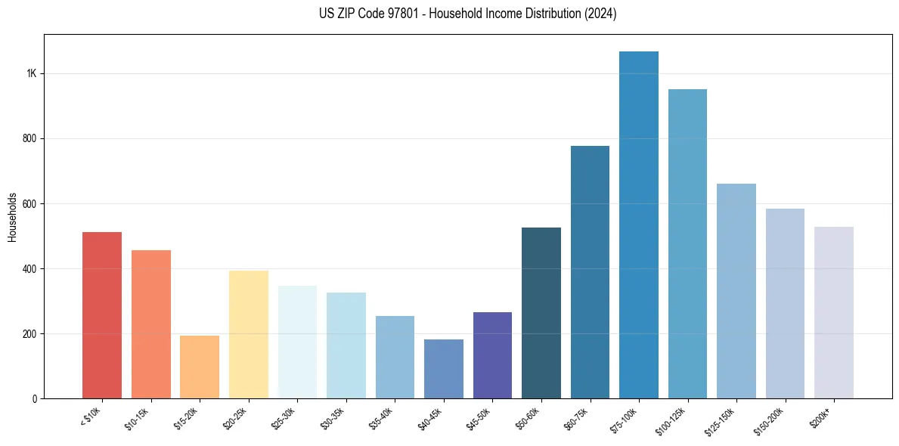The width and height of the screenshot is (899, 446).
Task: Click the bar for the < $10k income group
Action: tap(101, 315)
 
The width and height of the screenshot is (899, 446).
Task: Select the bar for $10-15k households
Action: tap(150, 324)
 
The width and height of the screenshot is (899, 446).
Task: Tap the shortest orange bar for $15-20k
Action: tap(200, 367)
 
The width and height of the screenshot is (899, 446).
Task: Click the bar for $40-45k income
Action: tap(444, 369)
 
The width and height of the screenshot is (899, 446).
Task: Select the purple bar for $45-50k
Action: tap(492, 355)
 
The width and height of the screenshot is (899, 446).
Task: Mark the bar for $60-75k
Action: tap(590, 272)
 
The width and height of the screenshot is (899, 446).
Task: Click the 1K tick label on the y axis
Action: tap(31, 74)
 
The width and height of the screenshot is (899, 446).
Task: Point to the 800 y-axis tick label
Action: tap(29, 139)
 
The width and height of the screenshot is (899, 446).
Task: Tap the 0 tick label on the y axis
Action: tap(35, 399)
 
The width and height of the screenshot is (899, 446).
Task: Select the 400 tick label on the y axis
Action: tap(29, 269)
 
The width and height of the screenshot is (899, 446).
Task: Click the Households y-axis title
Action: tap(12, 217)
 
